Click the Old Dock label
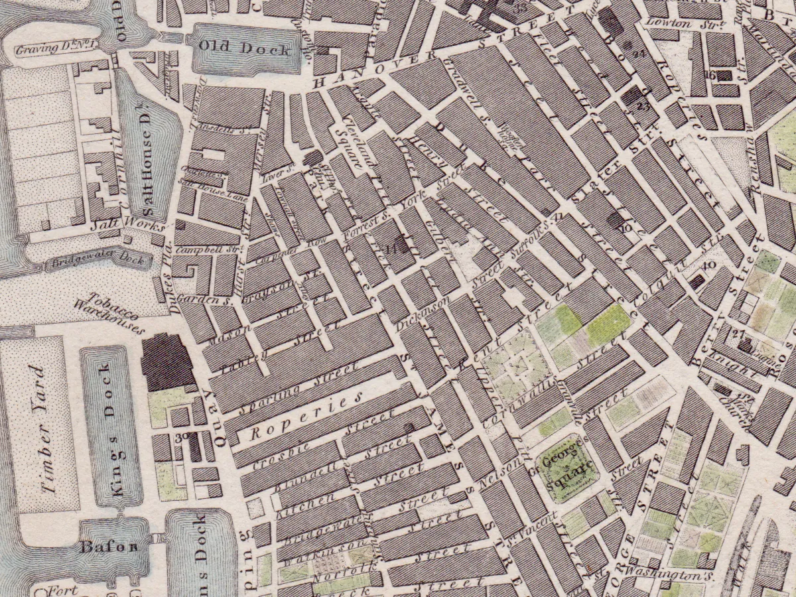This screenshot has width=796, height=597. [x=247, y=50]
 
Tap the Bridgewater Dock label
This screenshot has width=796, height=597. [x=96, y=261]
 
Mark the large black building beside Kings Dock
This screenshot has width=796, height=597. [x=166, y=363]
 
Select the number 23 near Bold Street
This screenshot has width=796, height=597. [x=641, y=106]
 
